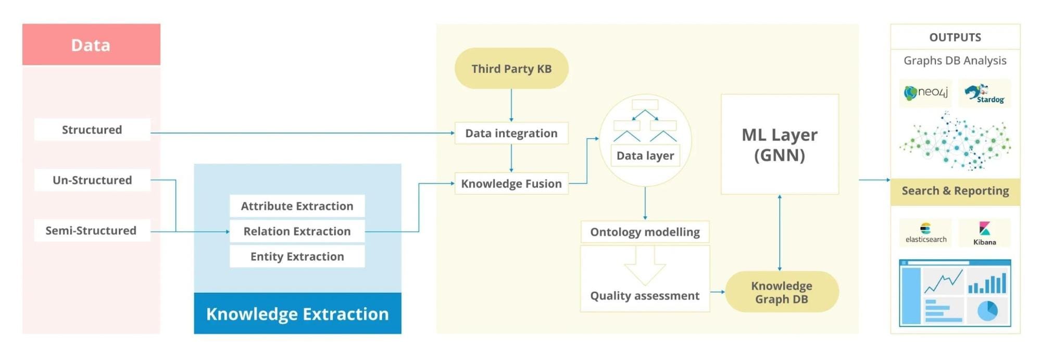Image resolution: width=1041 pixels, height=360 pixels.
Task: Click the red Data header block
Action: pos(91,45)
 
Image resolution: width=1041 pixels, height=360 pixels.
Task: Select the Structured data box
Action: pos(92,130)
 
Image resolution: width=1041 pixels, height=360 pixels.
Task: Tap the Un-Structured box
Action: pos(92,180)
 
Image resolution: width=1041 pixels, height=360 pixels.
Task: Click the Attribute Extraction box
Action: pos(297,206)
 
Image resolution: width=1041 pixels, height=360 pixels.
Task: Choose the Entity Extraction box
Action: pos(297,256)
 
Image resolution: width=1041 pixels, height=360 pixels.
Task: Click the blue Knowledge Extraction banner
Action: pos(297,314)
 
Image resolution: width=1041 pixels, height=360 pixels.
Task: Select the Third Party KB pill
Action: pos(511,69)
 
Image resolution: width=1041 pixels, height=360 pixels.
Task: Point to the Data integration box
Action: pos(511,133)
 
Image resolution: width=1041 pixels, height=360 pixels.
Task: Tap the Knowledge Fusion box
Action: pos(511,184)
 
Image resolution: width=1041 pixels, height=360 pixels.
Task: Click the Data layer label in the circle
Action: pos(645,156)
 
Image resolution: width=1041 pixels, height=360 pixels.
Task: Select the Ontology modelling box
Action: pos(645,232)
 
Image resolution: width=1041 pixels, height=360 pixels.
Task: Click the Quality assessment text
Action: pos(645,296)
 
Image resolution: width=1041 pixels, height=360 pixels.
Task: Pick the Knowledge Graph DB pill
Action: pos(782,292)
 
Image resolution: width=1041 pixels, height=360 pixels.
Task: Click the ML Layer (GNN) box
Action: pos(780,145)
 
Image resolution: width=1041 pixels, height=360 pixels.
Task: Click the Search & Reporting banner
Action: pos(955,191)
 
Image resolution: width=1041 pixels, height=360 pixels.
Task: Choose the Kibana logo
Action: pos(984,233)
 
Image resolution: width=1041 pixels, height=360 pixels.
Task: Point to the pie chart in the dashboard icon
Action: pos(987,311)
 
